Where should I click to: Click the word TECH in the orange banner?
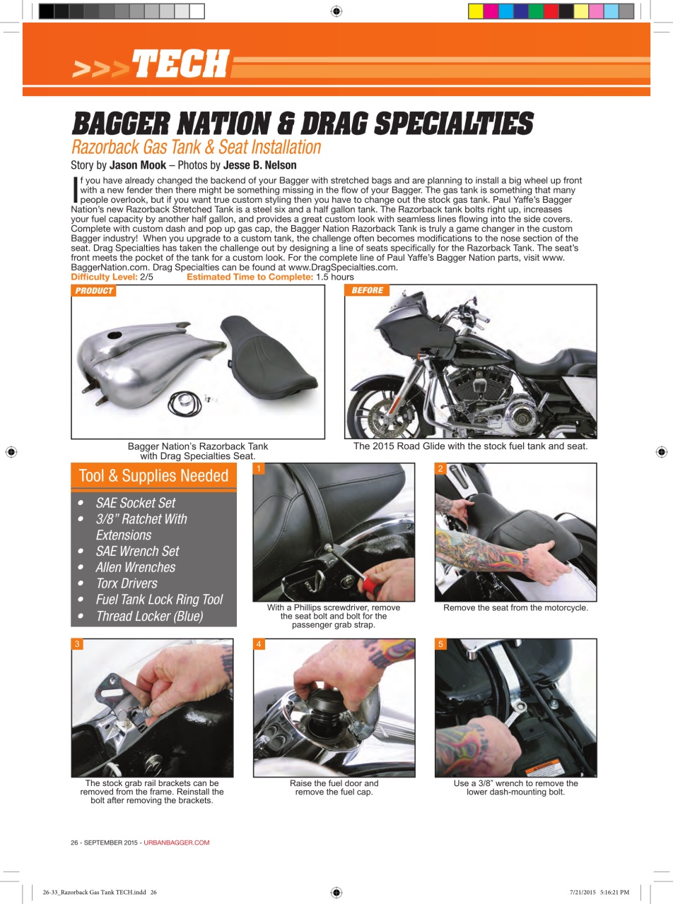click(180, 64)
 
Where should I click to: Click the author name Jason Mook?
click(138, 166)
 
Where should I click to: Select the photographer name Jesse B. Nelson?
click(259, 166)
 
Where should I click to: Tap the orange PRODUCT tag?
click(93, 291)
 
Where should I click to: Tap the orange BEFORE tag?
click(367, 290)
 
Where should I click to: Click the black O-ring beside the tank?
click(185, 404)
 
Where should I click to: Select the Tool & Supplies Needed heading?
click(153, 476)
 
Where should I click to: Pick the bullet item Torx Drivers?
click(127, 583)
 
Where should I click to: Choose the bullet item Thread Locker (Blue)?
click(149, 616)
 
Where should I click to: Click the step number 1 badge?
click(259, 468)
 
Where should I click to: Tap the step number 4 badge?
click(259, 644)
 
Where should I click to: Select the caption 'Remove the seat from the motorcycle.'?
click(515, 607)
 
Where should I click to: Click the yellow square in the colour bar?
click(476, 11)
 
